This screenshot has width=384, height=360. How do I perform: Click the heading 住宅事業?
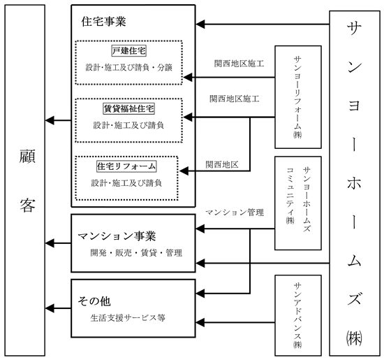pyautogui.click(x=103, y=22)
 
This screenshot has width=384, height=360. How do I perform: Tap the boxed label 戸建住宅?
pyautogui.click(x=129, y=51)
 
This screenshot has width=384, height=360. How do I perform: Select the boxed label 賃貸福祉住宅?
pyautogui.click(x=129, y=108)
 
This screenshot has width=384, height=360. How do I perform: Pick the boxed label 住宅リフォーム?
pyautogui.click(x=126, y=166)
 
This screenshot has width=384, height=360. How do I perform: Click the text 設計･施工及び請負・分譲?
pyautogui.click(x=129, y=67)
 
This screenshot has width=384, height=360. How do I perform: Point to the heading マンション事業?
pyautogui.click(x=117, y=236)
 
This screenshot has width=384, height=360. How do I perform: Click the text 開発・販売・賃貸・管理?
pyautogui.click(x=136, y=253)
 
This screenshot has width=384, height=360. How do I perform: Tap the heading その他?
pyautogui.click(x=94, y=301)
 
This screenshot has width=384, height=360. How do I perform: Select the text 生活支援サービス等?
pyautogui.click(x=128, y=318)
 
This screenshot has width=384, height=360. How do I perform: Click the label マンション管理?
pyautogui.click(x=235, y=213)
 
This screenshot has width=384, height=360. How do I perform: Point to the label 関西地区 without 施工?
pyautogui.click(x=222, y=164)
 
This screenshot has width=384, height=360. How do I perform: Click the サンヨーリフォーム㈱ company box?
pyautogui.click(x=298, y=97)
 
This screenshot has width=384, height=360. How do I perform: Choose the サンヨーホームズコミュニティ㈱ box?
pyautogui.click(x=298, y=203)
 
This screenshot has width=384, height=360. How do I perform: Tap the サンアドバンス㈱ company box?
pyautogui.click(x=298, y=315)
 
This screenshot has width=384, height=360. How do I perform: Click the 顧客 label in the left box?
pyautogui.click(x=27, y=181)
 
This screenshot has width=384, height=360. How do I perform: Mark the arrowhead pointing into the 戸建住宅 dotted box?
pyautogui.click(x=188, y=78)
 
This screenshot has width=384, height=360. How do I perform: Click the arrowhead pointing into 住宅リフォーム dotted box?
pyautogui.click(x=184, y=171)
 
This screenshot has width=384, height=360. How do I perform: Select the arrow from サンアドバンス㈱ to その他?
pyautogui.click(x=235, y=322)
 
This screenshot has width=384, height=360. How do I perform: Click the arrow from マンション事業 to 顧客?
pyautogui.click(x=58, y=243)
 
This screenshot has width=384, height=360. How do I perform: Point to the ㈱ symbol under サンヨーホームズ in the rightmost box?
pyautogui.click(x=354, y=338)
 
